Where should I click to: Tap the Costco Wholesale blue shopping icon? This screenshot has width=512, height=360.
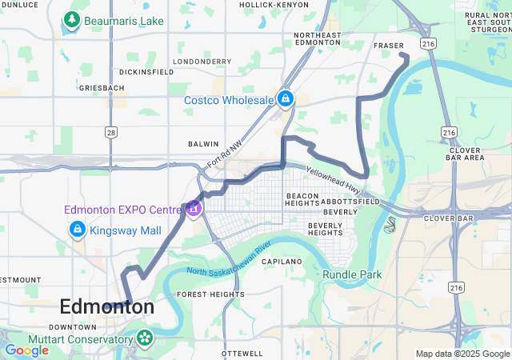[x=285, y=99]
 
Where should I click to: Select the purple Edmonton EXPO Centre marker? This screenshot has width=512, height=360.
[x=193, y=210]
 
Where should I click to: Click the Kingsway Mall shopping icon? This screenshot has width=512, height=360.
[x=76, y=230]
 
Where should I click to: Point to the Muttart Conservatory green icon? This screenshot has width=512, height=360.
[x=144, y=338]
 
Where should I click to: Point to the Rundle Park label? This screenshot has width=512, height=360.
[x=352, y=274]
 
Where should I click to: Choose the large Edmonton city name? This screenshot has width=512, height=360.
[x=107, y=307]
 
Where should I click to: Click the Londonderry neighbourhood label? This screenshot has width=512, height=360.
[x=202, y=61]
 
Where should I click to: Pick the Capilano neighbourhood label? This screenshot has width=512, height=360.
[x=280, y=262]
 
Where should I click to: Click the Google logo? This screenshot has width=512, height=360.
[x=26, y=350]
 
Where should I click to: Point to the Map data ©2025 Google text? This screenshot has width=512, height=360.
[x=462, y=354]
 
